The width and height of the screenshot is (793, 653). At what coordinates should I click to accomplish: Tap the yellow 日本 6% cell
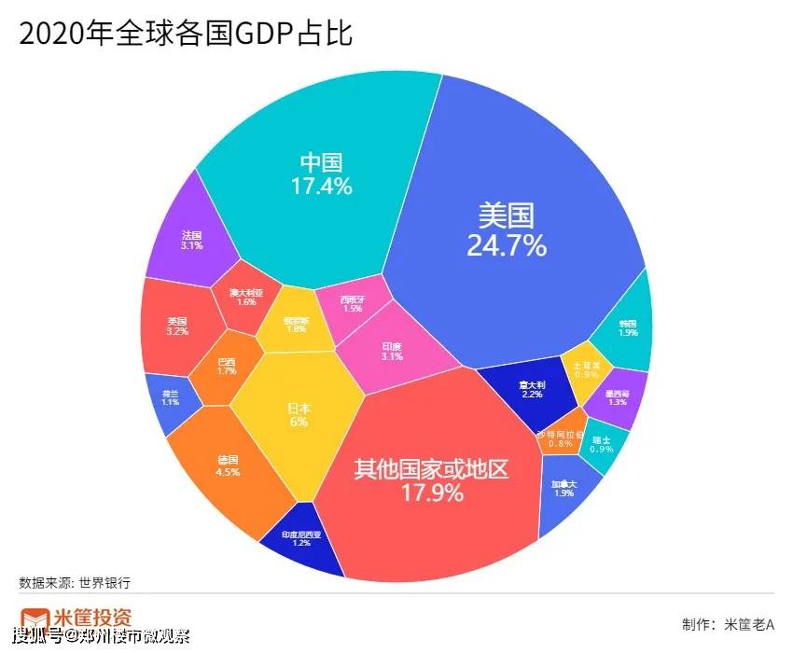click(x=298, y=415)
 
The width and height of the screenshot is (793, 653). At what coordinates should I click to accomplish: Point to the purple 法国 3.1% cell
click(x=191, y=241)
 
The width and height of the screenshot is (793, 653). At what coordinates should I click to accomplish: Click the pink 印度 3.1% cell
click(x=392, y=351)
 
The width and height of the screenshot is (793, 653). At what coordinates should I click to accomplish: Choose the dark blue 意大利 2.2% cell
click(x=532, y=390)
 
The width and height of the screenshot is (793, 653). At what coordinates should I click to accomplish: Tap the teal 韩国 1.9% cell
click(x=627, y=327)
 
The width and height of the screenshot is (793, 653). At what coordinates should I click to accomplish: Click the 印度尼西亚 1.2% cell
click(x=300, y=539)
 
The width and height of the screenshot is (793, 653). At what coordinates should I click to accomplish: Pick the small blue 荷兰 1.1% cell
click(x=169, y=398)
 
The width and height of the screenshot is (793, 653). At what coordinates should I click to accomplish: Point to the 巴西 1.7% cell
click(x=226, y=367)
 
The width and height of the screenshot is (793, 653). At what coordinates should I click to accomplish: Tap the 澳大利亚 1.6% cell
click(x=245, y=298)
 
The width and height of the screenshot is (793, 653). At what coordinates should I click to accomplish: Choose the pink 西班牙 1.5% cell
click(x=351, y=305)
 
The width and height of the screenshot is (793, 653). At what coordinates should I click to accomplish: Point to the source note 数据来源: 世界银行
click(x=75, y=583)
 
